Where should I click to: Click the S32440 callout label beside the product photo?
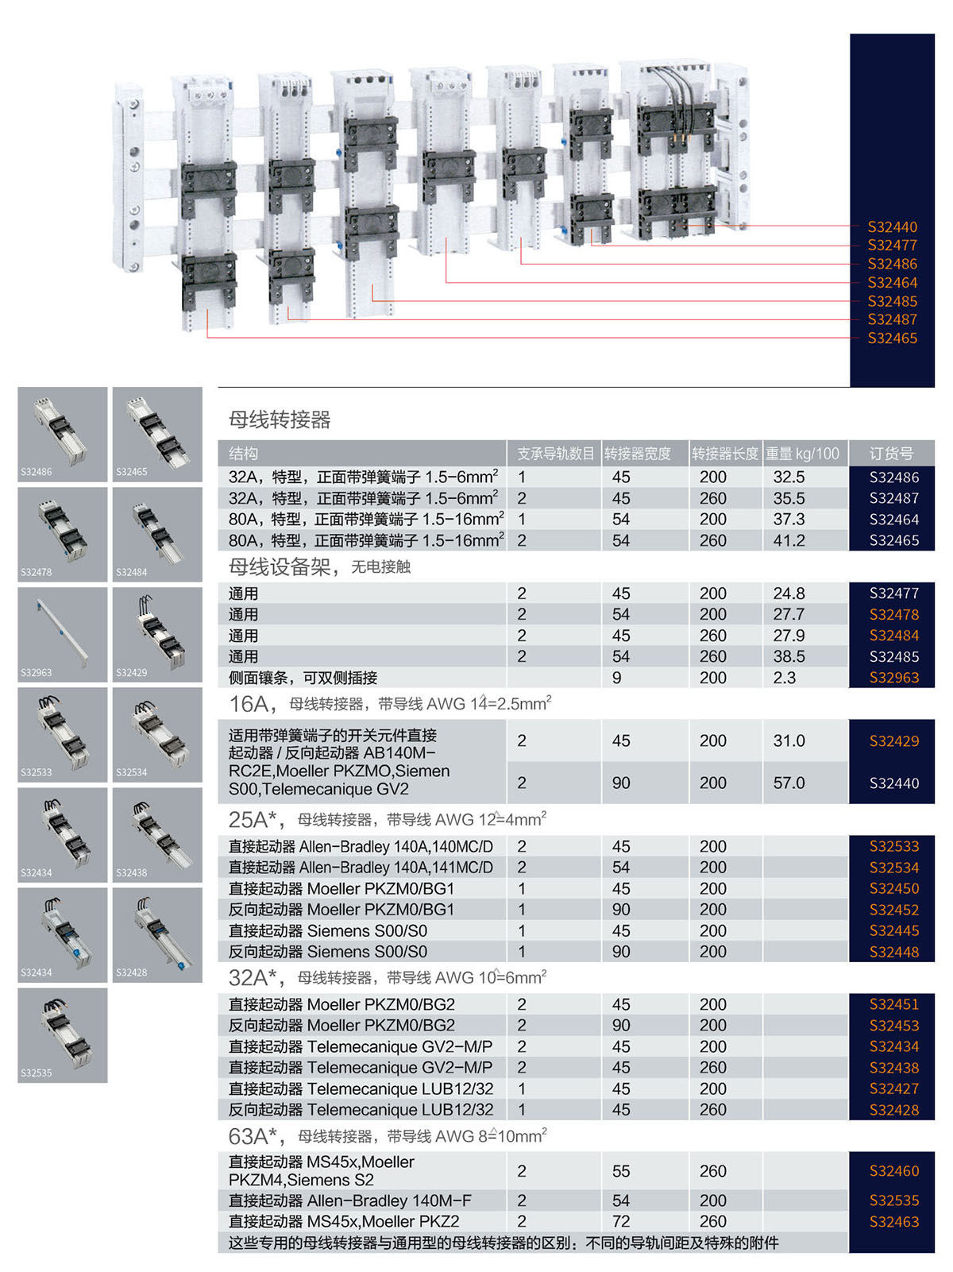pos(892,227)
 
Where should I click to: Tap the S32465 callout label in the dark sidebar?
pos(892,338)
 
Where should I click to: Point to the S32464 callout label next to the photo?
pos(892,283)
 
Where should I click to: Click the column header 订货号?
pos(891,454)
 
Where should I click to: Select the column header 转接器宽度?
pos(638,454)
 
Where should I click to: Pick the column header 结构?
pos(243,454)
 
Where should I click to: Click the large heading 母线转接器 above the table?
pos(280,419)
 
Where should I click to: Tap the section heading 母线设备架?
pos(279,567)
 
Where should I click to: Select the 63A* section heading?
pos(253,1136)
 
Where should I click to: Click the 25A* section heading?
pos(253,820)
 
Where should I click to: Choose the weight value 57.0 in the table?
pos(789,783)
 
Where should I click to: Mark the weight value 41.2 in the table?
pos(789,540)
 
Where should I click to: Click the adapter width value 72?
pos(621,1221)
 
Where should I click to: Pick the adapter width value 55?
pos(621,1171)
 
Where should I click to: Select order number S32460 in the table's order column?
pos(893,1171)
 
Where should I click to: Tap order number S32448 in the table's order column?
pos(893,952)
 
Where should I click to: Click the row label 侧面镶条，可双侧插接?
pos(303,678)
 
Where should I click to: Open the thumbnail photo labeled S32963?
pos(63,634)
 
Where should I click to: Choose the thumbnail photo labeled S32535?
pos(63,1034)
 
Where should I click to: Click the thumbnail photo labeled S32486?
pos(63,434)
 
